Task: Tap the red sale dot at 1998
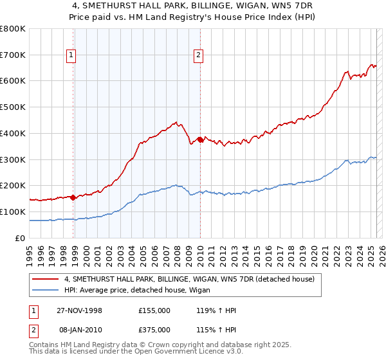[x=73, y=197]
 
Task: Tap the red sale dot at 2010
[x=200, y=139]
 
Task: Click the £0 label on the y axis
[x=21, y=238]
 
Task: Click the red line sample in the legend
[x=46, y=279]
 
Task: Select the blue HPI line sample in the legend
[x=46, y=290]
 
